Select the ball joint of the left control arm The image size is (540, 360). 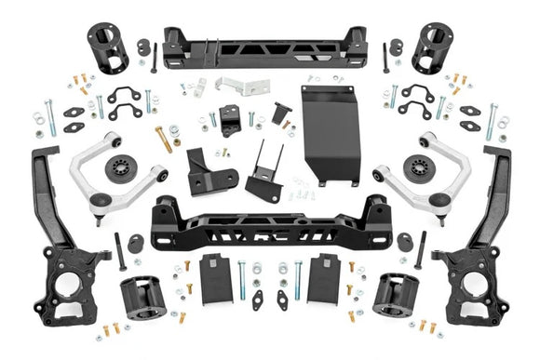tap(113, 139)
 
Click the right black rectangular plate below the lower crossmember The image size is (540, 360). tap(325, 275)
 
